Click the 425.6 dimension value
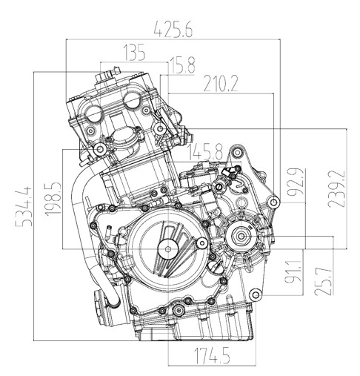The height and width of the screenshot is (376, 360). tap(173, 30)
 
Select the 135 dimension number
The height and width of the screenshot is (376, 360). tap(134, 53)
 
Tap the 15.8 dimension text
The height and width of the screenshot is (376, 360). tap(182, 65)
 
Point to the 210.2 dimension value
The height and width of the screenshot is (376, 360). tap(221, 83)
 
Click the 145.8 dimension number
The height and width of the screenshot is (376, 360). tap(205, 151)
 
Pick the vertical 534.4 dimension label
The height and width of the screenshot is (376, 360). tap(24, 206)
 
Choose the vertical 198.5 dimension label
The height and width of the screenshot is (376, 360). tap(53, 199)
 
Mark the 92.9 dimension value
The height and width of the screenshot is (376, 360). tap(296, 182)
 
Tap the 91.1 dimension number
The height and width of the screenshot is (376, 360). tap(293, 271)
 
